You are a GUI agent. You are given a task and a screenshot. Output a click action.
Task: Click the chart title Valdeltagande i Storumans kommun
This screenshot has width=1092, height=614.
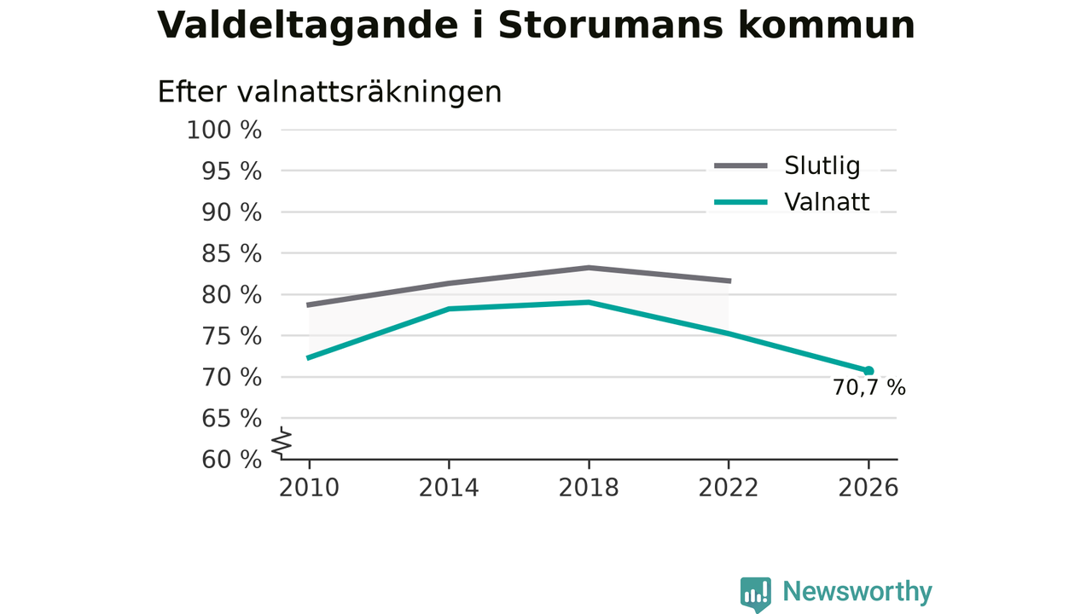pyautogui.click(x=536, y=26)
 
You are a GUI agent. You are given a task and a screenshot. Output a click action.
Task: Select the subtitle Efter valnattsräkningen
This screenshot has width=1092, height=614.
pyautogui.click(x=329, y=91)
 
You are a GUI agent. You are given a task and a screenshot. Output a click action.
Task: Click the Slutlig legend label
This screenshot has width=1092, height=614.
pyautogui.click(x=822, y=165)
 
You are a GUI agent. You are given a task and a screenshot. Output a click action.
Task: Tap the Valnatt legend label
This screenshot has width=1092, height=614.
pyautogui.click(x=827, y=202)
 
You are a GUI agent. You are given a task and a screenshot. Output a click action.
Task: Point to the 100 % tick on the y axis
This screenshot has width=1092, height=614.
pyautogui.click(x=224, y=130)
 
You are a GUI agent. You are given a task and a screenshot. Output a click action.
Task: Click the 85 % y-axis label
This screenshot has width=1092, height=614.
pyautogui.click(x=231, y=253)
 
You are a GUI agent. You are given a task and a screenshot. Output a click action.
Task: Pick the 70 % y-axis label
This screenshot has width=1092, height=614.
pyautogui.click(x=231, y=377)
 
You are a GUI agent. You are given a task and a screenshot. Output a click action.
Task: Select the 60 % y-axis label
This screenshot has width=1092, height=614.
pyautogui.click(x=231, y=460)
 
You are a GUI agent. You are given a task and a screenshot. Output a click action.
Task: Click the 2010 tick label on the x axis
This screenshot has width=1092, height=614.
pyautogui.click(x=309, y=488)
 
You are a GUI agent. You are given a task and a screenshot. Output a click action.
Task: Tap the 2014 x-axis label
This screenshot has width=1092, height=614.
pyautogui.click(x=449, y=488)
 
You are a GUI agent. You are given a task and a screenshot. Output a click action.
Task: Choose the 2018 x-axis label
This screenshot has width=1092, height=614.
pyautogui.click(x=589, y=488)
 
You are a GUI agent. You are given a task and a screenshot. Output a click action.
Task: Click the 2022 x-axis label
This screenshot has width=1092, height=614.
pyautogui.click(x=729, y=488)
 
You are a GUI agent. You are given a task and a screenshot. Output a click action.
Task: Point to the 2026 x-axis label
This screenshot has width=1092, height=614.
pyautogui.click(x=868, y=488)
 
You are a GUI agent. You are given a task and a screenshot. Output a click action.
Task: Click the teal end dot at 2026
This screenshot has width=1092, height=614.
pyautogui.click(x=868, y=371)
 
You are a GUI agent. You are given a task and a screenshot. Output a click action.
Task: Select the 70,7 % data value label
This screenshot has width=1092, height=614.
pyautogui.click(x=868, y=388)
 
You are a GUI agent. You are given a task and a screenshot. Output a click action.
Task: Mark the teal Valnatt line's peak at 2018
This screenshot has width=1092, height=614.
pyautogui.click(x=589, y=302)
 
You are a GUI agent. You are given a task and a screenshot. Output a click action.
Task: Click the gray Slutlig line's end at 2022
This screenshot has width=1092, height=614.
pyautogui.click(x=729, y=281)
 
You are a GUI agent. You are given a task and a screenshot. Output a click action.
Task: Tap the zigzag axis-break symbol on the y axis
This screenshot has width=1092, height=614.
pyautogui.click(x=282, y=443)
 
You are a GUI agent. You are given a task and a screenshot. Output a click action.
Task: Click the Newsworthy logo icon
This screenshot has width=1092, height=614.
pyautogui.click(x=756, y=594)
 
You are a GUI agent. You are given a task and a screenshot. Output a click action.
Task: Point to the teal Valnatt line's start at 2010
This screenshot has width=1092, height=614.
pyautogui.click(x=308, y=357)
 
